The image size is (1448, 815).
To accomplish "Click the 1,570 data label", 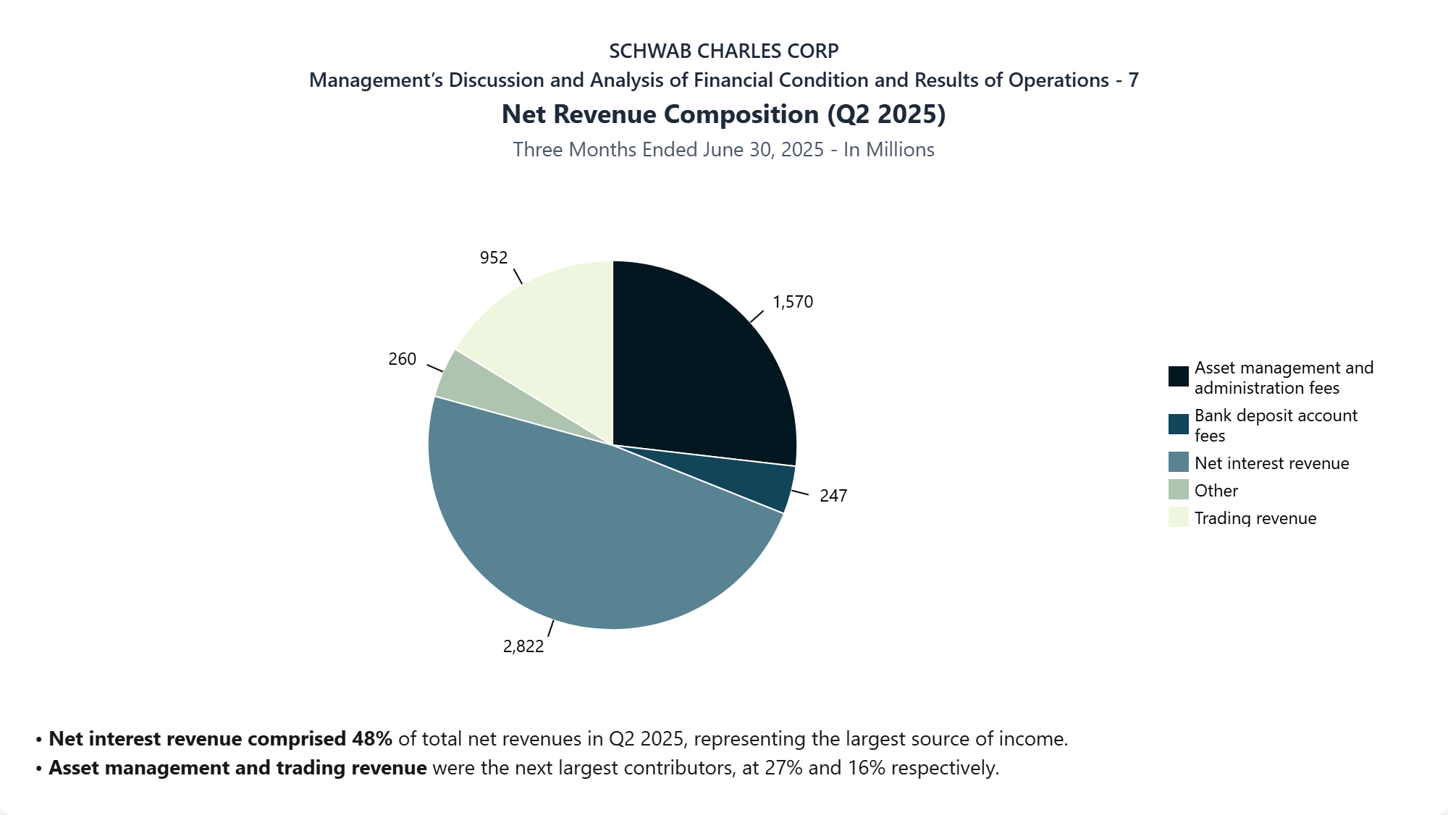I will (x=793, y=302).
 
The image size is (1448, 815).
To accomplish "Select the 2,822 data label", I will (x=523, y=646).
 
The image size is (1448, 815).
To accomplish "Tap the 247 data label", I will (x=833, y=496).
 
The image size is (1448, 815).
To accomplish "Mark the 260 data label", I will (x=403, y=359).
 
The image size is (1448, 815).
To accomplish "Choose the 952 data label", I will (x=494, y=258).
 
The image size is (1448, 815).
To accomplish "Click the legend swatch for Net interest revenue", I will (x=1178, y=463).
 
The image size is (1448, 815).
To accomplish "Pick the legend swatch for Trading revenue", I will (x=1178, y=518).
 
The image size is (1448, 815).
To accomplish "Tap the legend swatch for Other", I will (x=1178, y=490).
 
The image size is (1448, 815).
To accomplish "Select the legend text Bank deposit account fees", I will (x=1276, y=426).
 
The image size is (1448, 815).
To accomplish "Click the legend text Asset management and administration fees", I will (x=1284, y=378).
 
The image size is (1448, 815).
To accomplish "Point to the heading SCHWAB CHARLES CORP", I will (x=724, y=51).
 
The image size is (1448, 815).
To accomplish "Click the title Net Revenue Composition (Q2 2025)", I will (x=724, y=114).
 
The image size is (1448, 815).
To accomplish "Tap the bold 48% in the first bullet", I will (x=372, y=739).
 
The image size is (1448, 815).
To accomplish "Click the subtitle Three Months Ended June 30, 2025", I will (x=668, y=150).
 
